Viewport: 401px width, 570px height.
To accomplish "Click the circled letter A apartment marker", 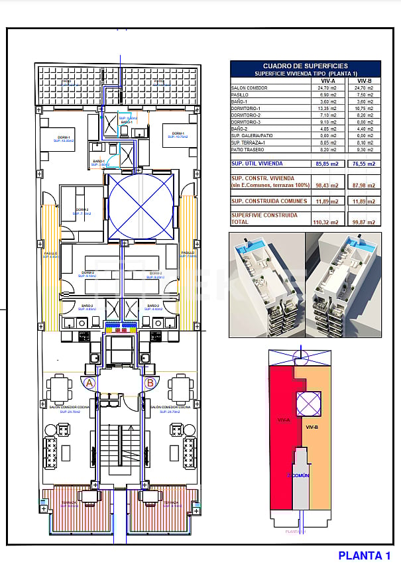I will pos(90,382).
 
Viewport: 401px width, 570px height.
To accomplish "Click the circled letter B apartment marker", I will pos(150,382).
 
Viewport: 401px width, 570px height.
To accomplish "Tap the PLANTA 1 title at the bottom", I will pos(364,555).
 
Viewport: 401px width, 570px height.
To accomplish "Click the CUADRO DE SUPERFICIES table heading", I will pos(305,66).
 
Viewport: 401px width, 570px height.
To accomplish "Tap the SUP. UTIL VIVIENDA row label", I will pos(257,163).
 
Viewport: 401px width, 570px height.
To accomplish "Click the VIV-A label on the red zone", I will pos(280,420).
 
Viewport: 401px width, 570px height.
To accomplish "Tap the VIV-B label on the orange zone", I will pos(314,427).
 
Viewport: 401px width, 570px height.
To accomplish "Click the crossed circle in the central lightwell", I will pos(141,205).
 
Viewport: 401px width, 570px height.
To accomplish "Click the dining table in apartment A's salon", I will pos(59,386).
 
